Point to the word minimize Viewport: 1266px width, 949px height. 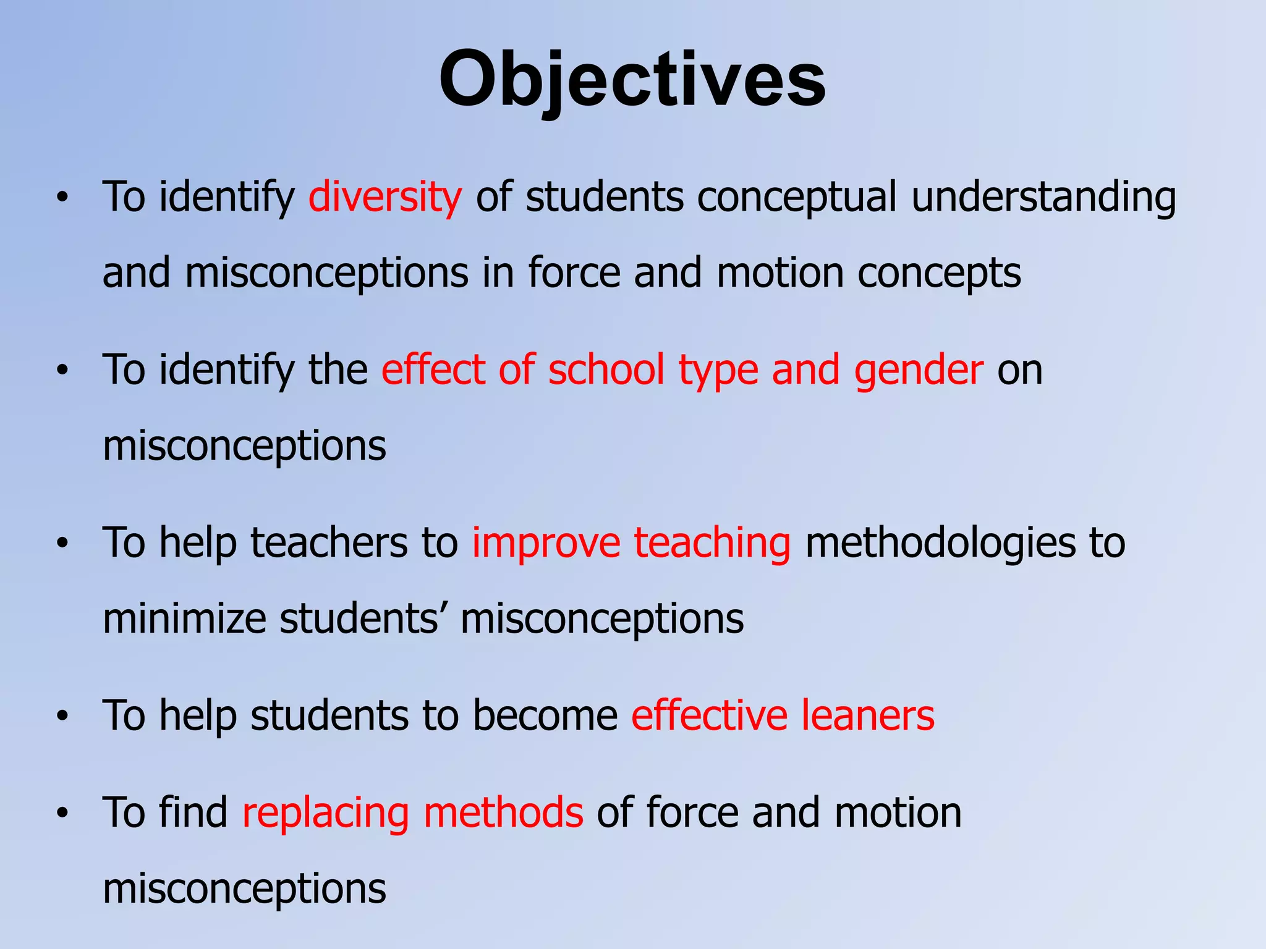184,618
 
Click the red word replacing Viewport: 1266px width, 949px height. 325,813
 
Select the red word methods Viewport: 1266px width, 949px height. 503,813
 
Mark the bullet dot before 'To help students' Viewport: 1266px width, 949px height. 61,717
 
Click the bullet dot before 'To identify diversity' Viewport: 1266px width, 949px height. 61,198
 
